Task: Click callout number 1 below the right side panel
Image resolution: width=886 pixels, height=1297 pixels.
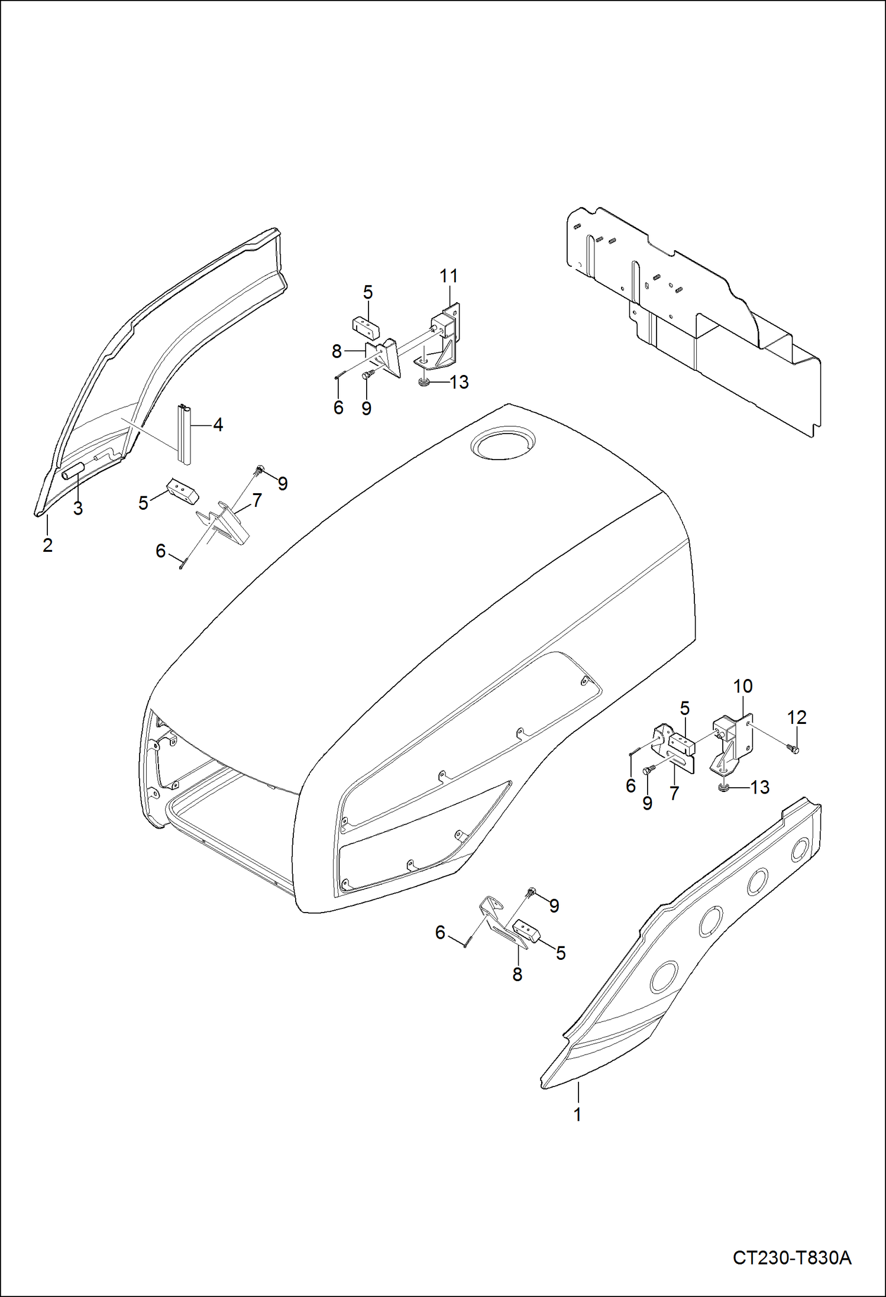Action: click(577, 1114)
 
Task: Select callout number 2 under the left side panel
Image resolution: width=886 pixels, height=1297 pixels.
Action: click(48, 544)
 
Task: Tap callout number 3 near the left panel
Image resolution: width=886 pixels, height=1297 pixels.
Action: click(78, 508)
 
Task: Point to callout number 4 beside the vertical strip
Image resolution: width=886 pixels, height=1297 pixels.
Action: click(218, 425)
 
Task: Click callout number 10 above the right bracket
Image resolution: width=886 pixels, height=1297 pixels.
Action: click(743, 686)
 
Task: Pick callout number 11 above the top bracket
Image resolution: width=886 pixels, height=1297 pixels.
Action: click(449, 276)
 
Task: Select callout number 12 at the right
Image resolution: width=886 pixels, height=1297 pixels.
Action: click(797, 717)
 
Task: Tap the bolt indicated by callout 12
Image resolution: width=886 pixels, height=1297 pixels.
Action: click(794, 750)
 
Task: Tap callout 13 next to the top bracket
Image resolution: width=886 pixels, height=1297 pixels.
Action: click(459, 382)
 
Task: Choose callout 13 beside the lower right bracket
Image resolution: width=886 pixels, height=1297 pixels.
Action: click(759, 787)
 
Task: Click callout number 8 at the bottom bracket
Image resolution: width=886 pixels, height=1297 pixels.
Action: click(518, 975)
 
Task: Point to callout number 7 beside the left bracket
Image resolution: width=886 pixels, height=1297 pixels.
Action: click(257, 500)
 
